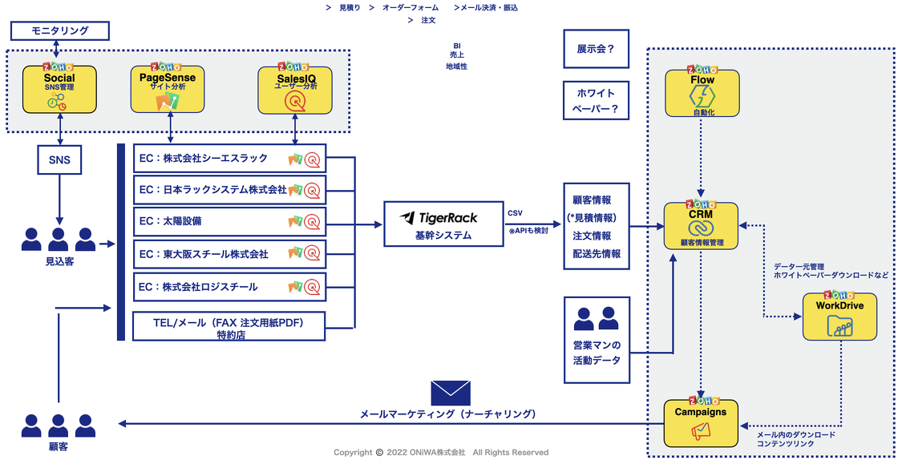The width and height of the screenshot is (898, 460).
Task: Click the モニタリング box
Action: click(x=59, y=31)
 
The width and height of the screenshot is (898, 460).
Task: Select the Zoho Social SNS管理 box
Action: click(x=59, y=90)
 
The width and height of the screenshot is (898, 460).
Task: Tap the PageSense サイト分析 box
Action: click(x=167, y=90)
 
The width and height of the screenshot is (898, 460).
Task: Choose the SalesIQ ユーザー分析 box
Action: click(x=295, y=90)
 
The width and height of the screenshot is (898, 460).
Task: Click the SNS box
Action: click(x=59, y=159)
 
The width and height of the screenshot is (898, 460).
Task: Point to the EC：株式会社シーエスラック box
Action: click(x=229, y=159)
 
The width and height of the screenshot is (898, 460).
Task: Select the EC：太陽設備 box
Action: click(x=229, y=221)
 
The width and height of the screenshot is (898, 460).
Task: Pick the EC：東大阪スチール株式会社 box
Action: click(x=229, y=254)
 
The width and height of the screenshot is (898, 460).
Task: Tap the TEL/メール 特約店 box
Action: click(x=229, y=327)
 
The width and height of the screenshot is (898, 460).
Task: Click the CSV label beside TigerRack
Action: click(x=515, y=214)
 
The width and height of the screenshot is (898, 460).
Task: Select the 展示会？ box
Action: click(x=596, y=49)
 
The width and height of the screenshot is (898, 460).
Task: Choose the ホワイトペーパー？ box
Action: click(x=596, y=102)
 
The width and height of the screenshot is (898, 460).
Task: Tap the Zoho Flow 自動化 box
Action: click(x=702, y=94)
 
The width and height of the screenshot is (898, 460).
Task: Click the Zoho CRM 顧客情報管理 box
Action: click(x=702, y=225)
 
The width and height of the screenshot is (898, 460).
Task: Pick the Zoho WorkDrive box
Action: click(x=839, y=317)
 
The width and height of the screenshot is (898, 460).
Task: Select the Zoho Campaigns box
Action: click(x=701, y=423)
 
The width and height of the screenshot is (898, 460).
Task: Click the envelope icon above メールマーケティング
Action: click(x=450, y=393)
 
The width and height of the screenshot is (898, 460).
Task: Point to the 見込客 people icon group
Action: click(x=59, y=239)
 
